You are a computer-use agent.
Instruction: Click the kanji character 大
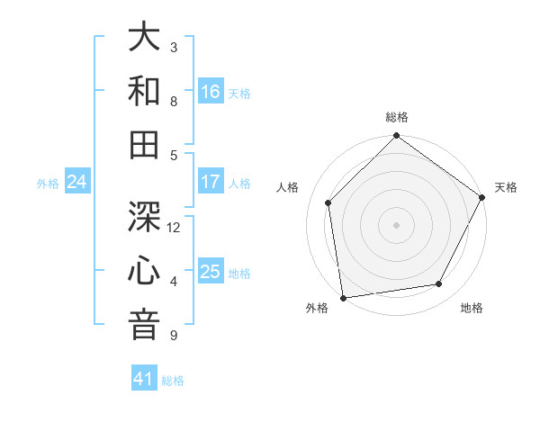pyautogui.click(x=145, y=39)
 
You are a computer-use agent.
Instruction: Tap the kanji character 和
pyautogui.click(x=145, y=92)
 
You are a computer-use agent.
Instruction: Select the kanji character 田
pyautogui.click(x=145, y=145)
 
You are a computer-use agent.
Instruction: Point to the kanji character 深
pyautogui.click(x=145, y=217)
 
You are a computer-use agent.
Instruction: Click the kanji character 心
pyautogui.click(x=145, y=271)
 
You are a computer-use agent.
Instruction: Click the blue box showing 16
pyautogui.click(x=211, y=92)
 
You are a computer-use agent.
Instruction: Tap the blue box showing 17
pyautogui.click(x=211, y=182)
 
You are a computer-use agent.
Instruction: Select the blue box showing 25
pyautogui.click(x=211, y=272)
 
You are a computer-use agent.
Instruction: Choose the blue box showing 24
pyautogui.click(x=77, y=183)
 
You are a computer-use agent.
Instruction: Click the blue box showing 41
pyautogui.click(x=144, y=379)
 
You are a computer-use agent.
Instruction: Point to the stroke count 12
pyautogui.click(x=175, y=227)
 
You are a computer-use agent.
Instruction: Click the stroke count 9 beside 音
pyautogui.click(x=174, y=336)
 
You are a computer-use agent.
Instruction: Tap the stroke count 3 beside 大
pyautogui.click(x=174, y=47)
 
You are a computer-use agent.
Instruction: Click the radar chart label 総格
pyautogui.click(x=397, y=117)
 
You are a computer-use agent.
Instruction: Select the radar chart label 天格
pyautogui.click(x=506, y=187)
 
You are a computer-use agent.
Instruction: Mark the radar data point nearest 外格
pyautogui.click(x=343, y=297)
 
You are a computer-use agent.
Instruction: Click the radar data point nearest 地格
pyautogui.click(x=439, y=284)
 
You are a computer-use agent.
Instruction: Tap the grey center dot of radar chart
pyautogui.click(x=396, y=225)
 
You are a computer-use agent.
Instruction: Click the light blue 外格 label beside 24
pyautogui.click(x=48, y=184)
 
